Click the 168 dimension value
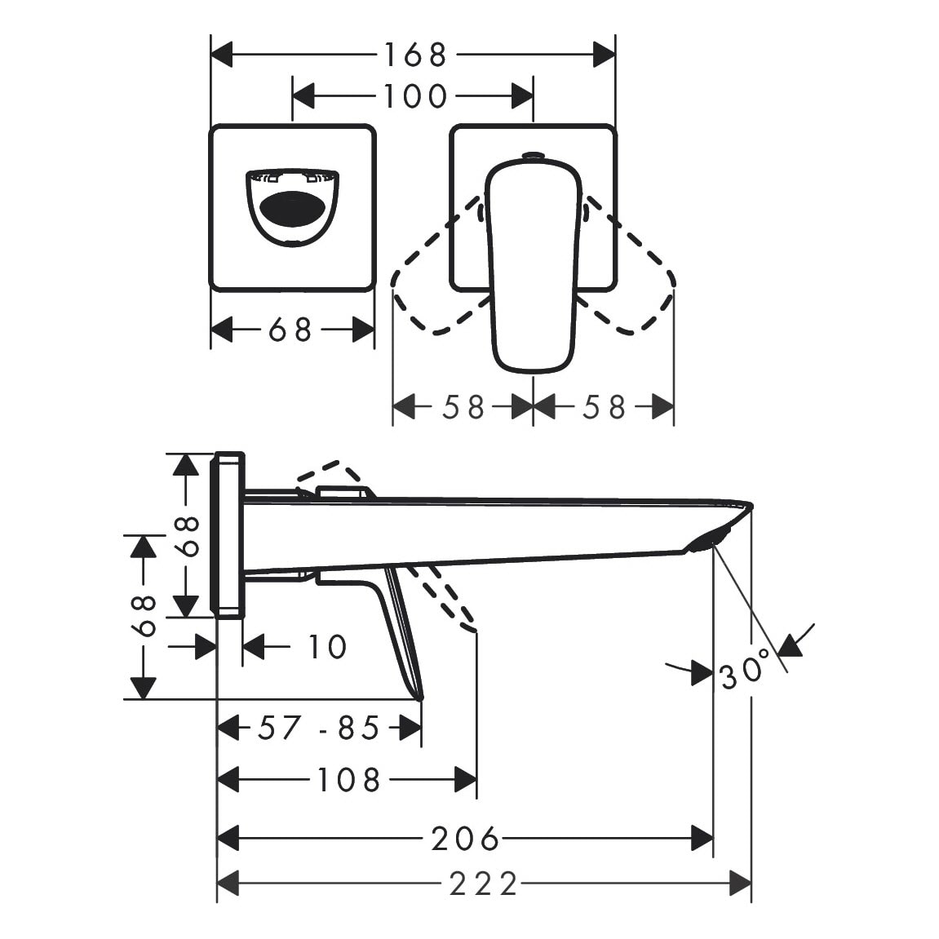click(x=414, y=55)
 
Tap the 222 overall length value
click(x=483, y=884)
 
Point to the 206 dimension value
click(x=465, y=838)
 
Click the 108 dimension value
click(x=348, y=780)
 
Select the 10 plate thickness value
click(x=327, y=647)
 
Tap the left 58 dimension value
click(x=463, y=407)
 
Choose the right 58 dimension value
click(x=605, y=407)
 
